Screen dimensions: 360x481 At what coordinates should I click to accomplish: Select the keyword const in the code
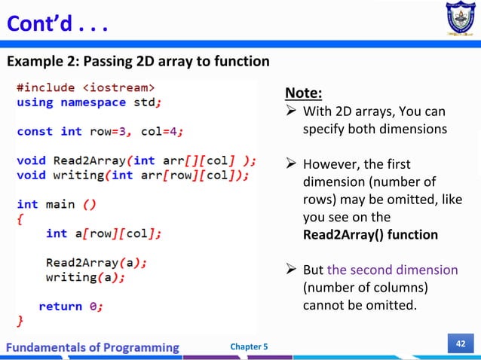pyautogui.click(x=35, y=131)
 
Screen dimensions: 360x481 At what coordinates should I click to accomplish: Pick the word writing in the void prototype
pyautogui.click(x=78, y=175)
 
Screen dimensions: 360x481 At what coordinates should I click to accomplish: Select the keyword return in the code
pyautogui.click(x=60, y=307)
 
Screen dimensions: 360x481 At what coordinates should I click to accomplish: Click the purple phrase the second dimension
pyautogui.click(x=392, y=270)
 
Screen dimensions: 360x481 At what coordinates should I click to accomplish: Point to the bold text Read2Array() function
pyautogui.click(x=369, y=234)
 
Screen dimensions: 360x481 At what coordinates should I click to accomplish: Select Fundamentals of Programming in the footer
pyautogui.click(x=94, y=346)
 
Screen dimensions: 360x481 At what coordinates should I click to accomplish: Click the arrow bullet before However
pyautogui.click(x=290, y=165)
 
